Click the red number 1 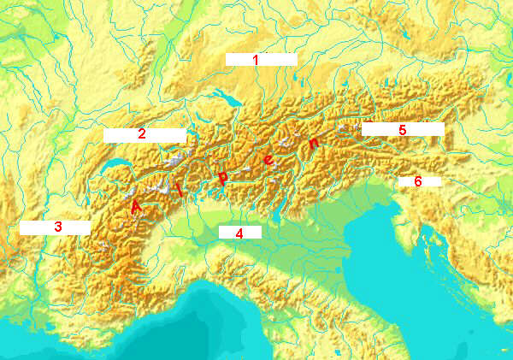255,60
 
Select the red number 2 142,133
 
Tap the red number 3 58,227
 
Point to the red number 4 240,233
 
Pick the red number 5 402,129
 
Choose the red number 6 418,181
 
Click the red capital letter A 136,206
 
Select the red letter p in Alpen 222,178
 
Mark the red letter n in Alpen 315,143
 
